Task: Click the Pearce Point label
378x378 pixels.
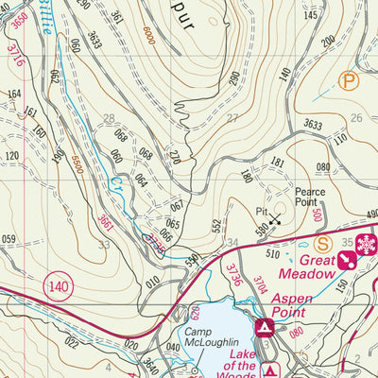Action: (x=308, y=197)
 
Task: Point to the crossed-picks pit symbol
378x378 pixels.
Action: (x=275, y=220)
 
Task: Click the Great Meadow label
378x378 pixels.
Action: (x=318, y=266)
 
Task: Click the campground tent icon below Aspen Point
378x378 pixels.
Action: (x=266, y=328)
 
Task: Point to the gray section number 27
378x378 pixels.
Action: (x=232, y=118)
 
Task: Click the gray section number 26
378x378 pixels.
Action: (x=355, y=118)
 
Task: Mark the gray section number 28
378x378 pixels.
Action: (x=110, y=118)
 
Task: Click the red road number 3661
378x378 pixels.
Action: (x=106, y=223)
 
